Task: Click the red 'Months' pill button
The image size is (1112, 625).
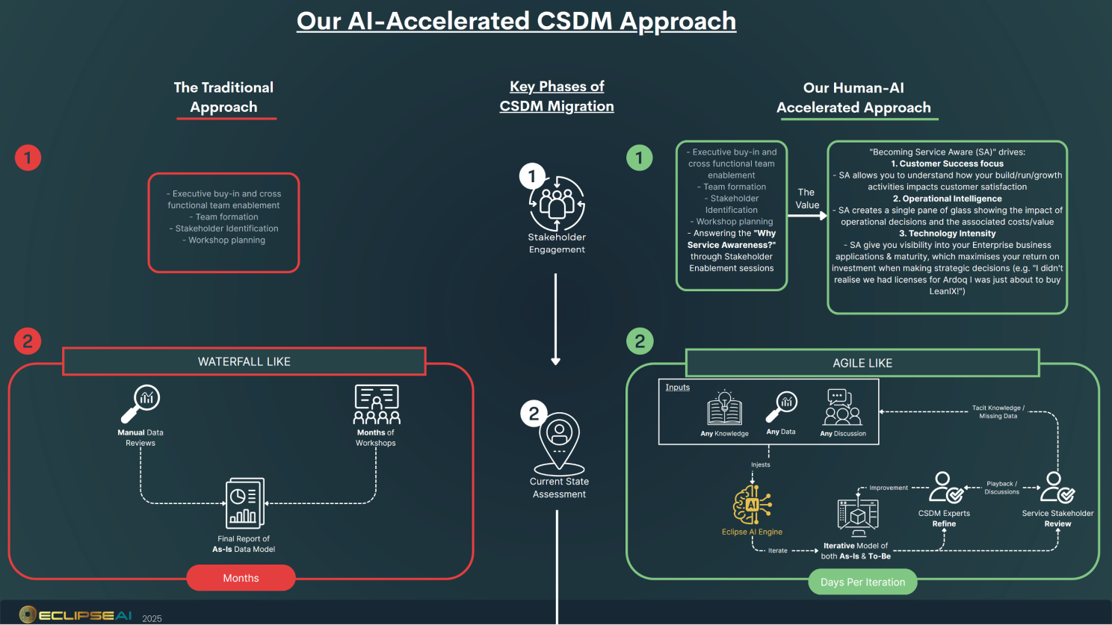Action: coord(241,578)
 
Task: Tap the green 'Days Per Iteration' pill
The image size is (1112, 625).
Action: coord(862,582)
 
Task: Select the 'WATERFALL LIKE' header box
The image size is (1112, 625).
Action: coord(244,361)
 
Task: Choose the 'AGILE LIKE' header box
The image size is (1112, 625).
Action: coord(862,363)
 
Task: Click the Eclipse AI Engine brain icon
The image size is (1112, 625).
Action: coord(752,506)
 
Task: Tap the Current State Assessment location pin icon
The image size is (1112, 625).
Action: coord(559,441)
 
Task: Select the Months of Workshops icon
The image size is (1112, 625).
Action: coord(376,405)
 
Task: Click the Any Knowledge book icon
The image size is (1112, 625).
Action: coord(724,409)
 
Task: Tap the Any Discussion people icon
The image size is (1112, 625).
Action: coord(842,408)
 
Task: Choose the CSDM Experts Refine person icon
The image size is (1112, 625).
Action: coord(945,488)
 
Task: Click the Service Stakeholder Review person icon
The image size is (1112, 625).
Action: coord(1057,488)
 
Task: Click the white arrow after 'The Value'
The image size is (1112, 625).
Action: coord(807,216)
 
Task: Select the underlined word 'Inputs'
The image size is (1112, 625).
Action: coord(678,388)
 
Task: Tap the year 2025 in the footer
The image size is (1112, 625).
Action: coord(152,618)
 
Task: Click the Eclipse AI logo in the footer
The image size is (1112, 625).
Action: coord(75,615)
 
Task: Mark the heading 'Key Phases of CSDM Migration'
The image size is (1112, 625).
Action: coord(557,96)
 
